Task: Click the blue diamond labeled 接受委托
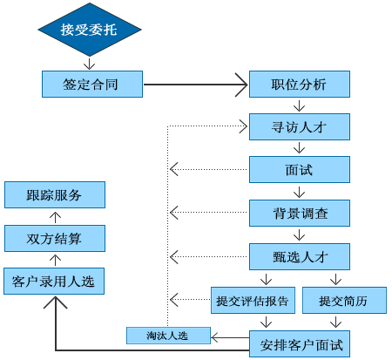coord(90,30)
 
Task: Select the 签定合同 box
coord(92,84)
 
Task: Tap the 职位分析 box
coord(300,84)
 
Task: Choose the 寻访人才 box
coord(300,126)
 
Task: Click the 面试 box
coord(300,169)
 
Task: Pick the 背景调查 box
coord(300,213)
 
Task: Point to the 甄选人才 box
coord(300,256)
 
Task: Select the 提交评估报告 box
coord(253,300)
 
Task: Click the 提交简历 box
coord(344,300)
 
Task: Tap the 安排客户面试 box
coord(300,343)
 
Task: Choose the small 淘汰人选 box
coord(168,336)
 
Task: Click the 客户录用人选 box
coord(54,281)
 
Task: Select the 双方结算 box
coord(55,238)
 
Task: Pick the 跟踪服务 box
coord(55,194)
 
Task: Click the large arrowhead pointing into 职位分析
coord(241,85)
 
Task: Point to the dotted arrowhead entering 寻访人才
coord(243,126)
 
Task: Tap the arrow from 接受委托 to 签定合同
coord(89,64)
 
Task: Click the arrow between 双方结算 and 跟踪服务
coord(55,217)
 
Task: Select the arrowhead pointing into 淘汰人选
coord(214,337)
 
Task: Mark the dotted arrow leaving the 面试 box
coord(208,169)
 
